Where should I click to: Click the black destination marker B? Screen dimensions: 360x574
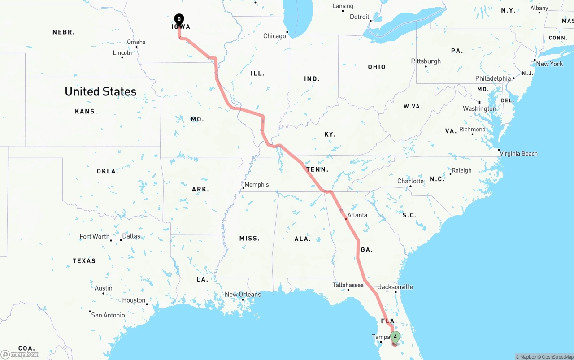tap(179, 19)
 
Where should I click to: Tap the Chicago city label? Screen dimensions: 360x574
tap(274, 36)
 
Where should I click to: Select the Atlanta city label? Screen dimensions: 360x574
tap(357, 215)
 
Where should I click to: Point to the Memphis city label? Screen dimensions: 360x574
tap(257, 185)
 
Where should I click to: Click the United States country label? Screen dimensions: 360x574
tap(100, 91)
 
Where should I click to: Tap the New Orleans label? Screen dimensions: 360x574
tap(243, 295)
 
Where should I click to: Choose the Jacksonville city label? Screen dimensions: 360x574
tap(396, 287)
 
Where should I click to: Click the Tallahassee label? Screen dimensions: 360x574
tap(348, 285)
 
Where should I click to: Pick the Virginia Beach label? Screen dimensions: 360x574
tap(518, 153)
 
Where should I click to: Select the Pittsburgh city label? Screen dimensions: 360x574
tap(426, 61)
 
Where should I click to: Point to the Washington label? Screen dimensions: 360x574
tap(479, 108)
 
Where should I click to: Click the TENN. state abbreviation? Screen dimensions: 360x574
tap(317, 169)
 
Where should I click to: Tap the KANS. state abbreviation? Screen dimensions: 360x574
tap(86, 111)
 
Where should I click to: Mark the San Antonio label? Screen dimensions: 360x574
tap(108, 315)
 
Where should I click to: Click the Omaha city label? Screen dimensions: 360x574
tap(136, 42)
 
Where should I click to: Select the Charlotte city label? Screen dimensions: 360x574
tap(410, 181)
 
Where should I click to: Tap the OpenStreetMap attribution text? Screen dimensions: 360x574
tap(556, 357)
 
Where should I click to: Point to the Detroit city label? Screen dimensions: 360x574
tap(359, 17)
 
